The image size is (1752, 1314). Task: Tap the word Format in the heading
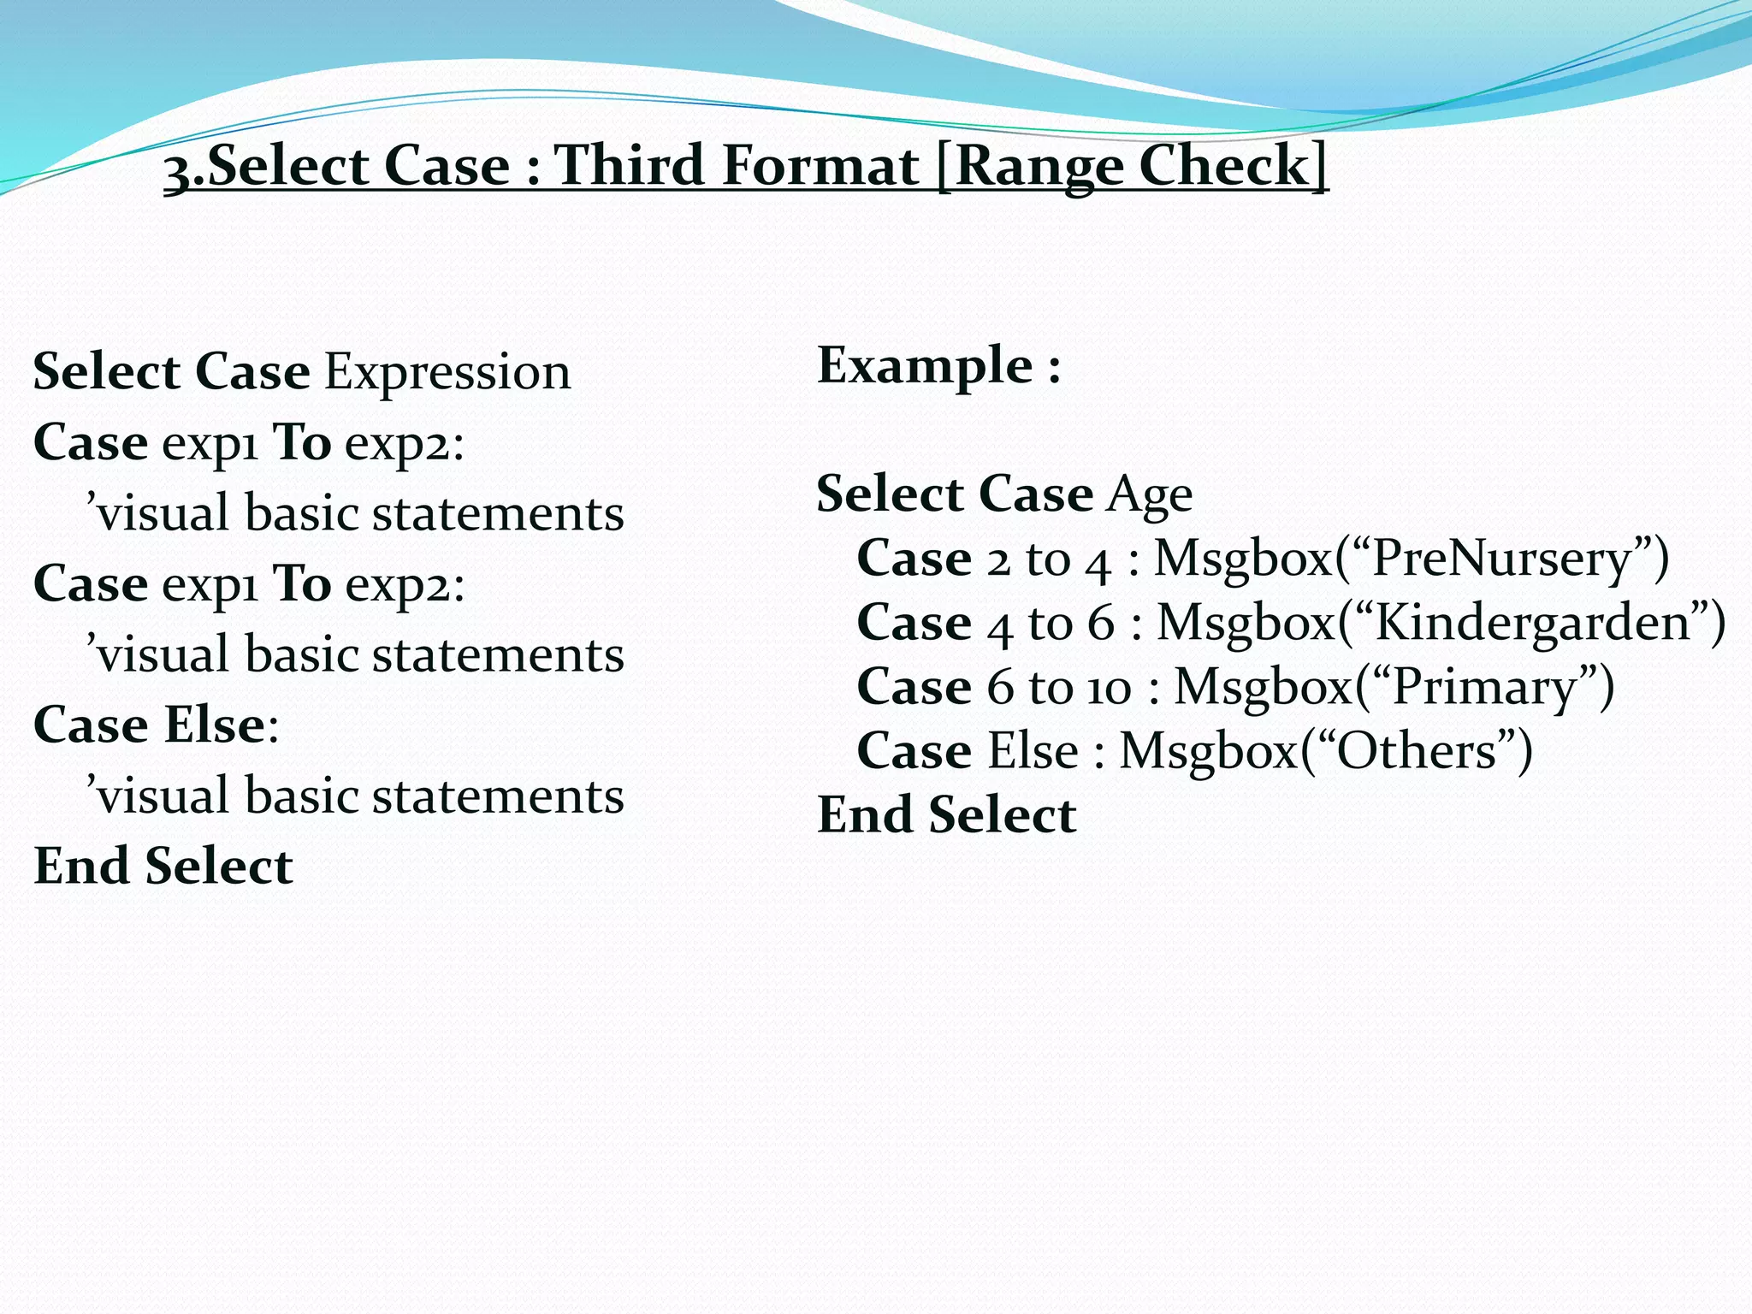820,164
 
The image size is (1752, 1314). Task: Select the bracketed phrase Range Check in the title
1132,164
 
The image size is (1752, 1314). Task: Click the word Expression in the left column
447,373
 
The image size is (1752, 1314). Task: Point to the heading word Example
926,365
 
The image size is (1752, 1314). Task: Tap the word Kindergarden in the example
1533,623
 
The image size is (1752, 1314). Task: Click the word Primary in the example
1484,688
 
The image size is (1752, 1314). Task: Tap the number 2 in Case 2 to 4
997,561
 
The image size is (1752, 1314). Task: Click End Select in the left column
163,866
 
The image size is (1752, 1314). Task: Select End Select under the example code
946,814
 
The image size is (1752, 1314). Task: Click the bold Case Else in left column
149,725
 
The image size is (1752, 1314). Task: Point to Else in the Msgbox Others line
1033,751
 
